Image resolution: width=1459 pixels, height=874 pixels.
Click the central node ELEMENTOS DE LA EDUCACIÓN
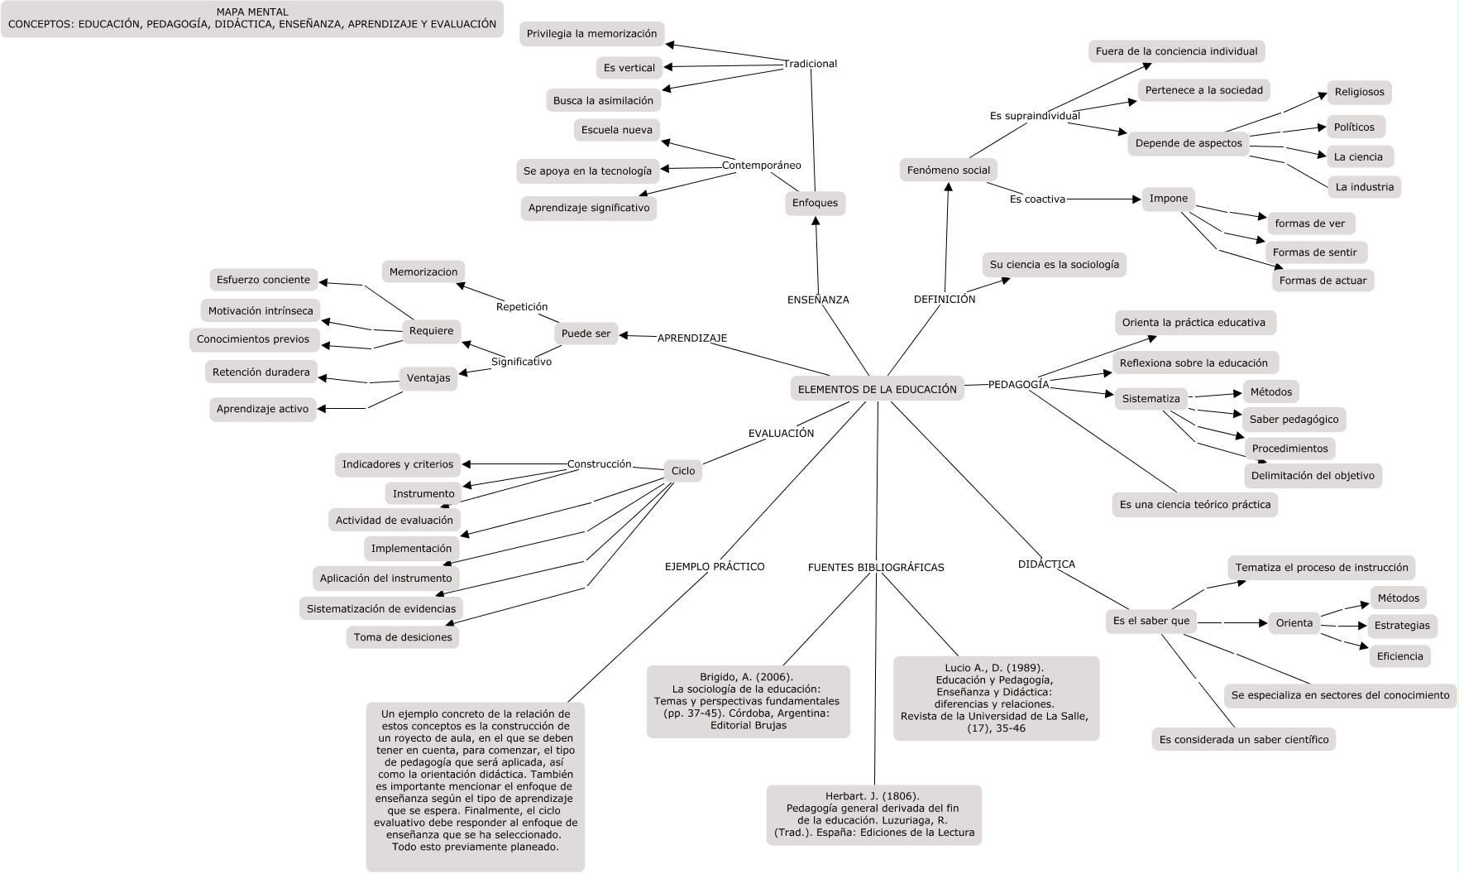(877, 389)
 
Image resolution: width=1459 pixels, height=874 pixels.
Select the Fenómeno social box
(948, 170)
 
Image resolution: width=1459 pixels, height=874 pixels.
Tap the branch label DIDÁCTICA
(1046, 564)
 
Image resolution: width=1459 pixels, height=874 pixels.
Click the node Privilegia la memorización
(592, 34)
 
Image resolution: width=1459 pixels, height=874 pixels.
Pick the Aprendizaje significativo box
(589, 208)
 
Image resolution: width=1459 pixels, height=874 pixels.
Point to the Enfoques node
(815, 203)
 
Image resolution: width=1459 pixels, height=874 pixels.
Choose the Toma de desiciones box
(403, 637)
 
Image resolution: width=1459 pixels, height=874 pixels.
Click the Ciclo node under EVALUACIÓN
(683, 471)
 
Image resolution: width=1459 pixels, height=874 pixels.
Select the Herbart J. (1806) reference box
(873, 814)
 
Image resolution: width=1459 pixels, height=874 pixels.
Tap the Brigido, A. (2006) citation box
(748, 701)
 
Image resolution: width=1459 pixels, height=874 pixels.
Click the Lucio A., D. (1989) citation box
(995, 698)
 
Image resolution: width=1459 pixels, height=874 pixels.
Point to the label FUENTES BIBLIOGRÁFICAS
(876, 568)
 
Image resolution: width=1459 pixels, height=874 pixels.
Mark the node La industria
(1364, 187)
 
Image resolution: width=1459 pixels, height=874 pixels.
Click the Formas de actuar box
(1323, 281)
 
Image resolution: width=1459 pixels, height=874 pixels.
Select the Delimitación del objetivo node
(1313, 475)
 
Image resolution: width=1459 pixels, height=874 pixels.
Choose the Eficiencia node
(1399, 656)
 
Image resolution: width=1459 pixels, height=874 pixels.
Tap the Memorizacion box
(423, 271)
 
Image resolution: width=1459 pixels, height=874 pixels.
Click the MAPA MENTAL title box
(252, 18)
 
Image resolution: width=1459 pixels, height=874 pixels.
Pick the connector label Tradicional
(811, 64)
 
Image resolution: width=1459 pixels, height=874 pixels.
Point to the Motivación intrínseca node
(261, 311)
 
